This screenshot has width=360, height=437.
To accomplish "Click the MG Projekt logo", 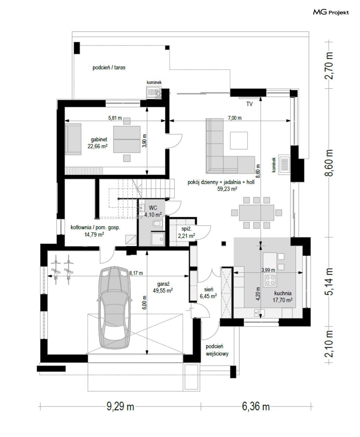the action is tap(331, 12).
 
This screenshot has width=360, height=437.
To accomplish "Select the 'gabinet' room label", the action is tap(99, 139).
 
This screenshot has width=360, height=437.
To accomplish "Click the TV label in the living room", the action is tap(249, 104).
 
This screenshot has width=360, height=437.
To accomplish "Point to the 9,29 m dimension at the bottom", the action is tap(120, 407).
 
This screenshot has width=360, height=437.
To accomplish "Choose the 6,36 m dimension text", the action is tap(256, 407).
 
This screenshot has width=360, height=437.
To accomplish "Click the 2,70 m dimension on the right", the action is tap(328, 66).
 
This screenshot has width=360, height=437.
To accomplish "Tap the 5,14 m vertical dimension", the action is tap(328, 282).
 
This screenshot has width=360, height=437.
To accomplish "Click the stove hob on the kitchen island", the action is tap(270, 281).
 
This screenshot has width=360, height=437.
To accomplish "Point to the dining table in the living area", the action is tap(256, 213).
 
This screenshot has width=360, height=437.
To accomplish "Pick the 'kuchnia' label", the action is tap(283, 293).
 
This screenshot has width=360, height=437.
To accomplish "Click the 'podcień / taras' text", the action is tap(109, 68).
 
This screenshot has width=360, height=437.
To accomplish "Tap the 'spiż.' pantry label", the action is tap(187, 229).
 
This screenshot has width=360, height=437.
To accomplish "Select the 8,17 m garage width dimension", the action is tap(136, 273).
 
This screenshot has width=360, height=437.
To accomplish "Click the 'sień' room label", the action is tap(208, 290).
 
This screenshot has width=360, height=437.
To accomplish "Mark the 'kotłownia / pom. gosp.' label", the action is tap(95, 227).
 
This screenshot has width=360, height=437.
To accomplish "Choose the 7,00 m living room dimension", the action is tap(235, 118).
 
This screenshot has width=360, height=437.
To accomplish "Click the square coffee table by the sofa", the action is tap(239, 140).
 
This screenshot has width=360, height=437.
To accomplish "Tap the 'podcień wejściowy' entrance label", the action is tap(217, 350).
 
